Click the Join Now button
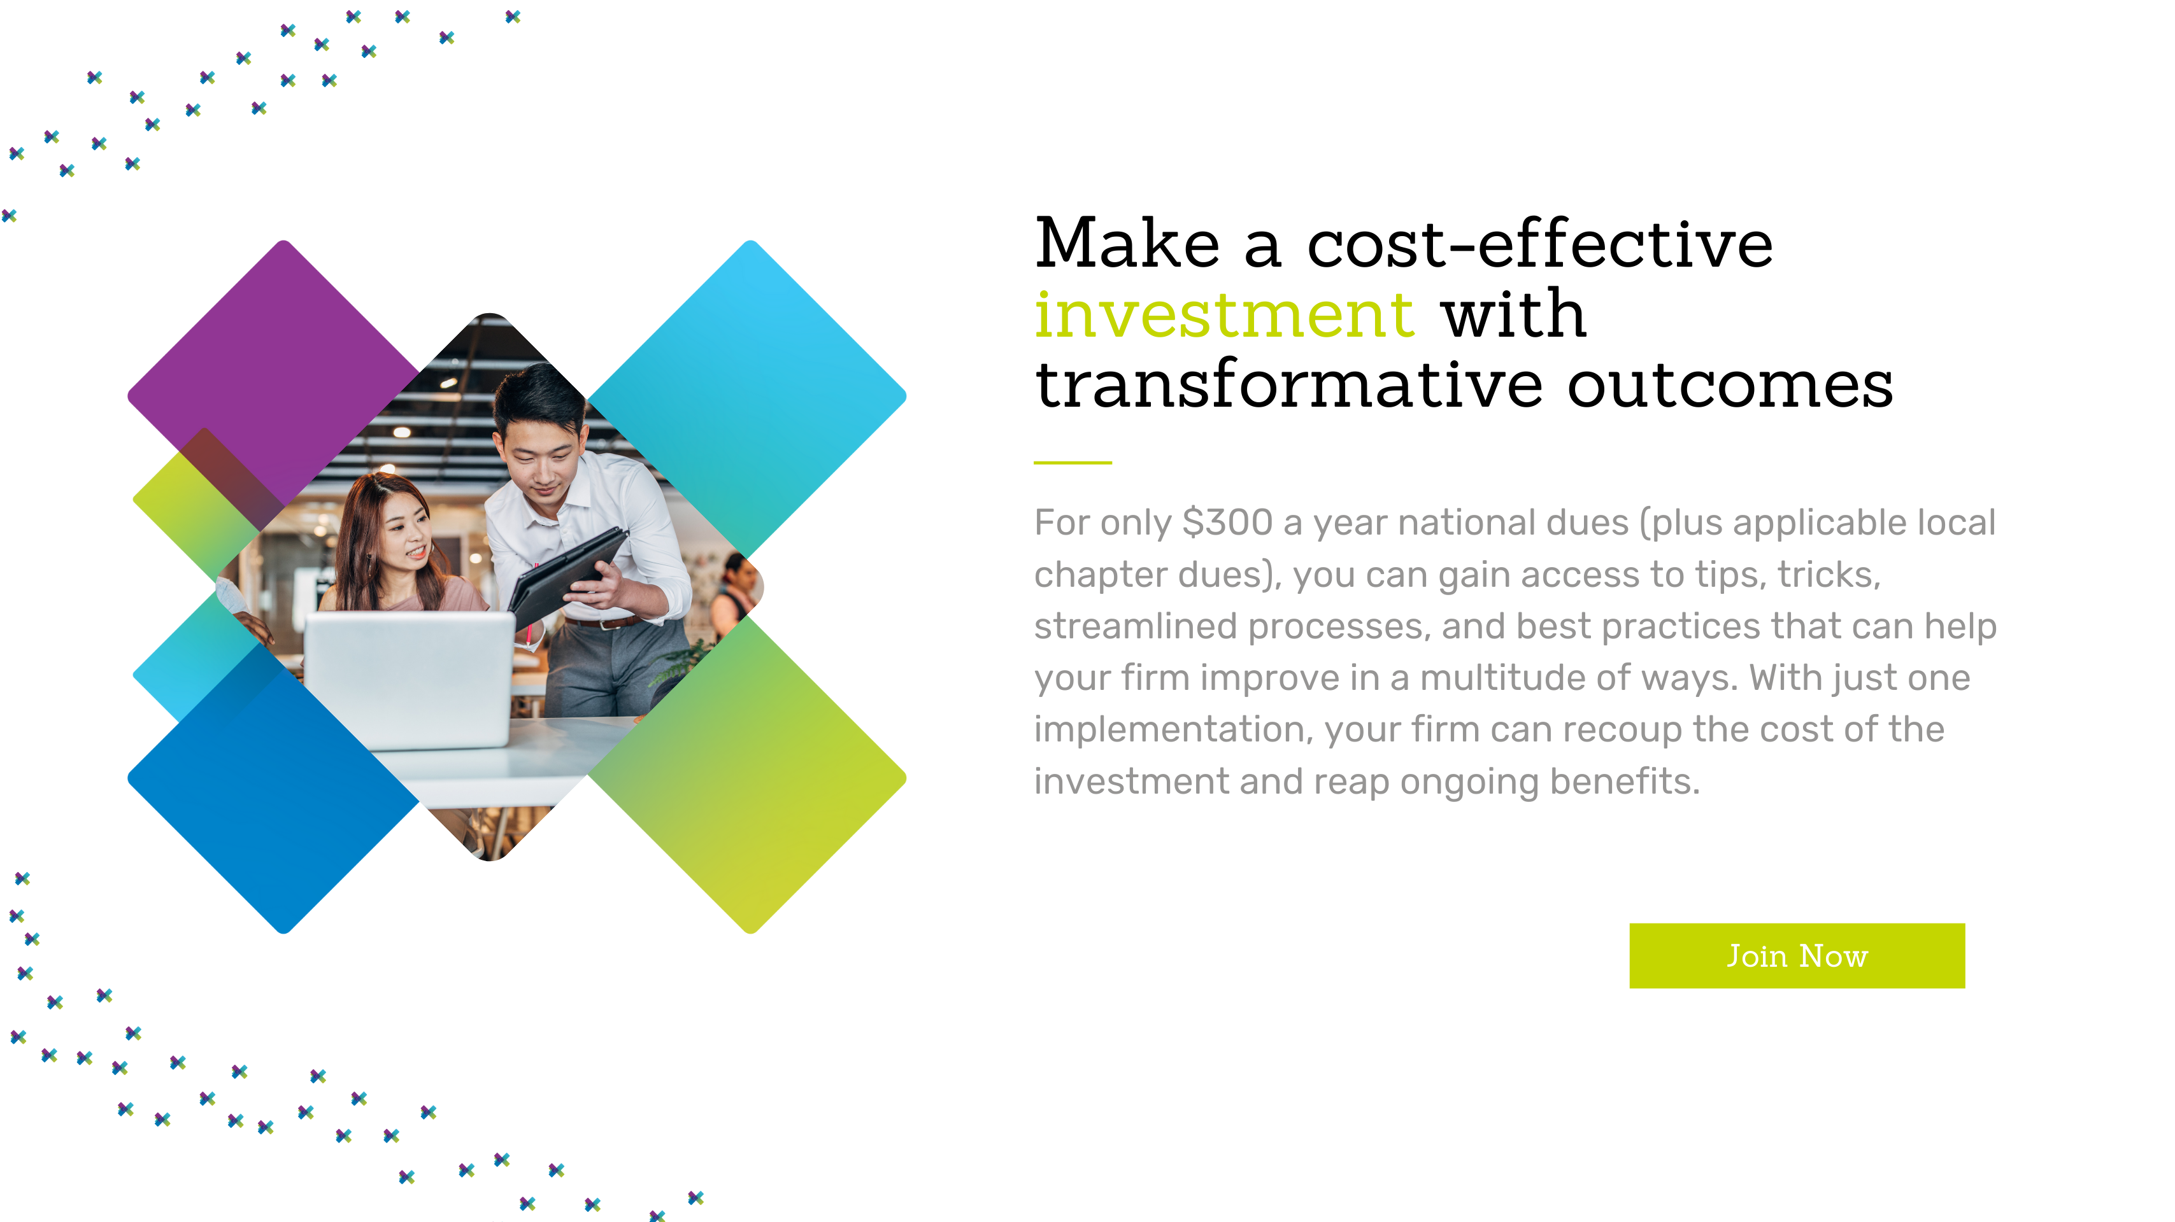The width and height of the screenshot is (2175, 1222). [1797, 955]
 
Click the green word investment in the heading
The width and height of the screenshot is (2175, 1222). [1224, 314]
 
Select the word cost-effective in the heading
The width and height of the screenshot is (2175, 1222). [1540, 243]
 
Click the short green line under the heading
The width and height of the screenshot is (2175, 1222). [1073, 463]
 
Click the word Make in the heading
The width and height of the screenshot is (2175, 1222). [1128, 243]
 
